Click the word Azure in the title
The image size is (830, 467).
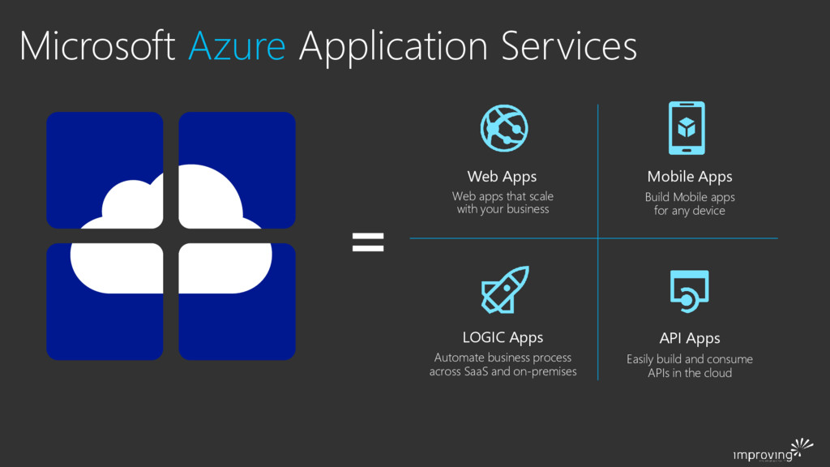coord(237,46)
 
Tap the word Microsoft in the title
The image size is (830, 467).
coord(97,46)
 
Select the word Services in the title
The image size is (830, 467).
coord(568,46)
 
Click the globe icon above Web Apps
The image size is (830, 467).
coord(503,127)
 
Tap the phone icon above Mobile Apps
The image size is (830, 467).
coord(687,127)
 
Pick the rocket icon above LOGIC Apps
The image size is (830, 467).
coord(504,289)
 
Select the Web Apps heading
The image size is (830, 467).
coord(502,176)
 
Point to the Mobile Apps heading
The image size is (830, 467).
coord(689,176)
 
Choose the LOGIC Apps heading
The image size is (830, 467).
coord(503,336)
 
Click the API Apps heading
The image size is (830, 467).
coord(689,337)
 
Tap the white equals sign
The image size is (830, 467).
coord(368,241)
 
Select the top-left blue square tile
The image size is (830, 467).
coord(105,169)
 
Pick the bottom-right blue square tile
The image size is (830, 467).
coord(237,302)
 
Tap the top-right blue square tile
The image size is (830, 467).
coord(237,169)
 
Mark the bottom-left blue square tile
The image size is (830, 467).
coord(105,302)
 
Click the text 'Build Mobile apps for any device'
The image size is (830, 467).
coord(689,204)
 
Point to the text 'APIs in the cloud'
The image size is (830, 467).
coord(689,373)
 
